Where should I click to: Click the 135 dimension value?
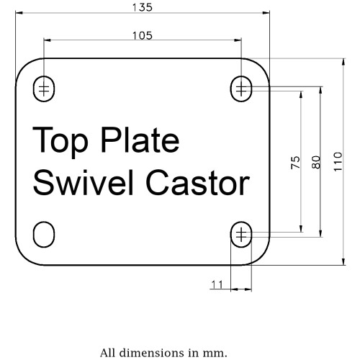(x=143, y=7)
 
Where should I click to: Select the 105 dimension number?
(x=143, y=36)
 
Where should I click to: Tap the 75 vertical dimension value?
(x=296, y=163)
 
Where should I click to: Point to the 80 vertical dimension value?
(x=316, y=162)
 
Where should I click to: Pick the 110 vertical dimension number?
(x=338, y=161)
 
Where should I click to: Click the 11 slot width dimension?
(x=217, y=284)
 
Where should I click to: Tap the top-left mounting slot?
(x=44, y=89)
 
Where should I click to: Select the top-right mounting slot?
(x=241, y=89)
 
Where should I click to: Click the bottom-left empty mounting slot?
(x=44, y=234)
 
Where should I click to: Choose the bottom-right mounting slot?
(x=241, y=234)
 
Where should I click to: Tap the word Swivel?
(x=83, y=182)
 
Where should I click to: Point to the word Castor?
(x=198, y=183)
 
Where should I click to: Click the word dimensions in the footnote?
(x=153, y=353)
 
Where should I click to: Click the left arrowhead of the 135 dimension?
(x=19, y=13)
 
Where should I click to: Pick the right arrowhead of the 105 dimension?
(x=238, y=40)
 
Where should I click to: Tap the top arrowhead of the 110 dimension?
(x=343, y=62)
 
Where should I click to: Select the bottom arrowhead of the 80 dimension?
(x=320, y=233)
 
